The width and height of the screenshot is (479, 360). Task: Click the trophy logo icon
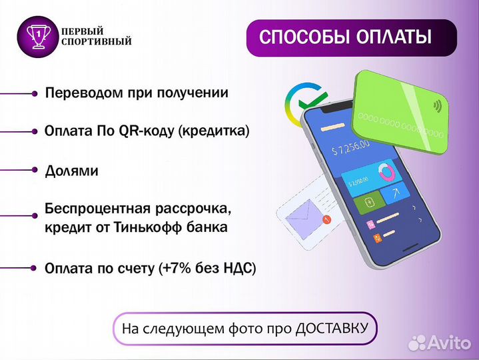pyautogui.click(x=38, y=35)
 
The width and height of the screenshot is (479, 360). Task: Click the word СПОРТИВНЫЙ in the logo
pyautogui.click(x=97, y=42)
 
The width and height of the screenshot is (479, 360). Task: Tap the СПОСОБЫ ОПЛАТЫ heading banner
pyautogui.click(x=344, y=37)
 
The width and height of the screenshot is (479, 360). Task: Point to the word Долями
pyautogui.click(x=72, y=171)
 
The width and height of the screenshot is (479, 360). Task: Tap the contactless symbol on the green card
pyautogui.click(x=438, y=105)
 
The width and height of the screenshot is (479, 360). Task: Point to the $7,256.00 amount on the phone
pyautogui.click(x=354, y=149)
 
